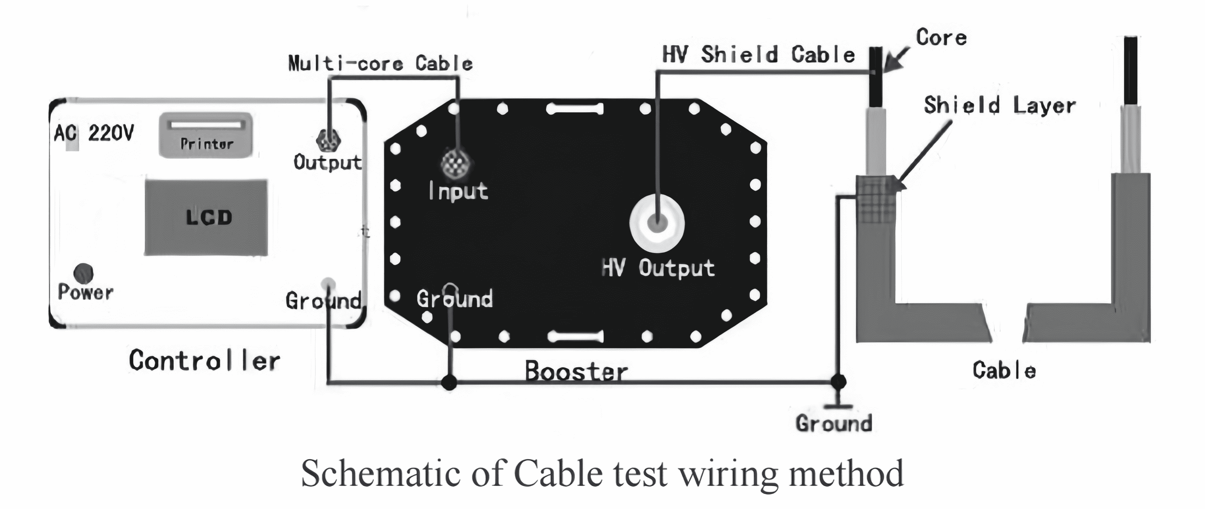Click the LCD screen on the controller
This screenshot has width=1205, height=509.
[206, 218]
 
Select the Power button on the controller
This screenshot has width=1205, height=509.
[83, 274]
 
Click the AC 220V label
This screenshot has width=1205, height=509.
[93, 134]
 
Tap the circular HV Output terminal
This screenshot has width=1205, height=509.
[657, 224]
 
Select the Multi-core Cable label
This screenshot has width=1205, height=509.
[380, 63]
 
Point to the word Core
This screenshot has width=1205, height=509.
[941, 38]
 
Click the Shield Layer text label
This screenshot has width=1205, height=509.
[1000, 105]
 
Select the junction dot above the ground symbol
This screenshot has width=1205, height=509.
[838, 382]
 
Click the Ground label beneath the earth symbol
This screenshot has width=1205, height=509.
[834, 423]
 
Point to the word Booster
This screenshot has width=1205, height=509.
[576, 372]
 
